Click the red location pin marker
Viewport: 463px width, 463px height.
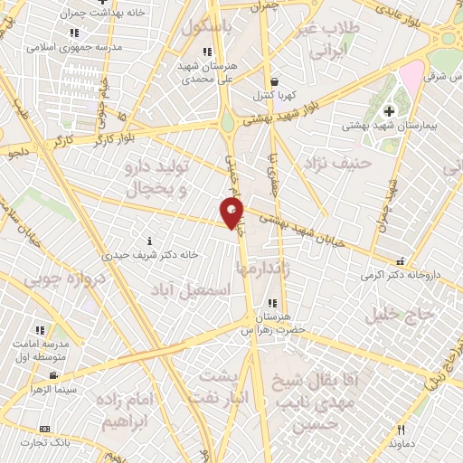pos(232,213)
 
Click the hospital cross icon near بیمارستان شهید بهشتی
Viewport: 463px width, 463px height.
pos(390,111)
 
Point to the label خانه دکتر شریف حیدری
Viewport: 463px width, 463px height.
pos(149,256)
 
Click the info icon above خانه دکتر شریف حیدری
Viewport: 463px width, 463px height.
pos(149,241)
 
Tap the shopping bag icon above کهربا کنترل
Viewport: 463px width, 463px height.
pos(272,80)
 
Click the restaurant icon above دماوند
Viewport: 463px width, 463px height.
pos(401,430)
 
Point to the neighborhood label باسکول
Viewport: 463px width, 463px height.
pos(205,28)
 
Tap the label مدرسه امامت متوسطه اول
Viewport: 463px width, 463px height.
pos(44,349)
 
